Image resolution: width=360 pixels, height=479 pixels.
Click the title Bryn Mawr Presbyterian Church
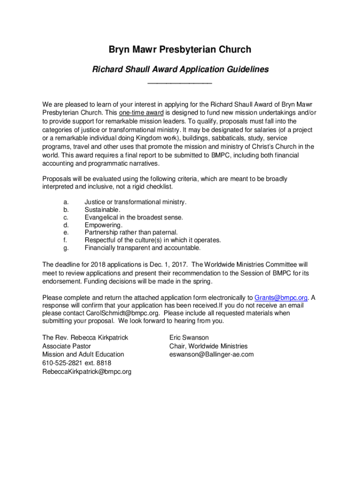click(x=180, y=50)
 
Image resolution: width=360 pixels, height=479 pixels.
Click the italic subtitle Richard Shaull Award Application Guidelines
click(x=180, y=70)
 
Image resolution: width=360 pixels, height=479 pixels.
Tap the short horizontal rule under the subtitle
click(x=180, y=83)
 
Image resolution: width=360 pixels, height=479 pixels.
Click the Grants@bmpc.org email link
click(x=281, y=298)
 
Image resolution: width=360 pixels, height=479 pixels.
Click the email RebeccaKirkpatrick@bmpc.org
click(x=86, y=371)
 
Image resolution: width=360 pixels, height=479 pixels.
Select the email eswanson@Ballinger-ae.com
click(x=211, y=355)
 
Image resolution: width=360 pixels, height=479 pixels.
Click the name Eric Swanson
click(x=189, y=338)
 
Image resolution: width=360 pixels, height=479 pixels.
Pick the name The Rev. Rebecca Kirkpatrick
click(x=85, y=338)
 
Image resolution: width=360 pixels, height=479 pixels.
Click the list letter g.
click(x=66, y=248)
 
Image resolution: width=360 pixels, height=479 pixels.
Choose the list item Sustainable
click(x=102, y=210)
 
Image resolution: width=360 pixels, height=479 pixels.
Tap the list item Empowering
click(x=103, y=225)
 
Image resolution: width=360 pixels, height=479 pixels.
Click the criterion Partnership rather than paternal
click(x=131, y=232)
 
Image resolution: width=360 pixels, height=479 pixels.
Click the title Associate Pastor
click(x=66, y=346)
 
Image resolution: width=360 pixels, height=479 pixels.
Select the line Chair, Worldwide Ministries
click(x=208, y=346)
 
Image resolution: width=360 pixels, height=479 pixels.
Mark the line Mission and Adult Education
click(x=83, y=355)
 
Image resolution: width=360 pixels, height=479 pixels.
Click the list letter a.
click(x=66, y=202)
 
